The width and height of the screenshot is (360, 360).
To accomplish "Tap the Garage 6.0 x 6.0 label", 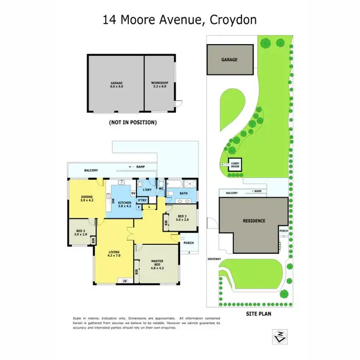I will point(117,84).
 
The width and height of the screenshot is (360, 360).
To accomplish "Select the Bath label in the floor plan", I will point(183,194).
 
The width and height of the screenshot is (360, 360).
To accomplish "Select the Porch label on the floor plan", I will point(189,243).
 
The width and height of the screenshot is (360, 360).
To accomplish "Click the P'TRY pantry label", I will point(143,200).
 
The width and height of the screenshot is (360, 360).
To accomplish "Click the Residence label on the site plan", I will point(254,221).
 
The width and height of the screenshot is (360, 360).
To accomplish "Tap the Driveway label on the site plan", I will point(214,258).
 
